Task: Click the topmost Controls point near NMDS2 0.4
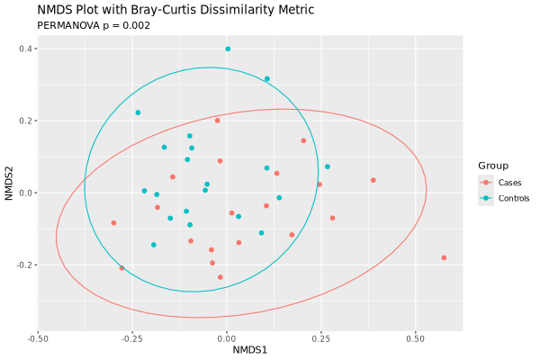228,49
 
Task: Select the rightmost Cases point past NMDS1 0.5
444,258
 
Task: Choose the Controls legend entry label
503,198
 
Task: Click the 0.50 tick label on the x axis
415,339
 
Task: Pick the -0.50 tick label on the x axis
38,339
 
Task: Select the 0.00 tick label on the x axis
227,339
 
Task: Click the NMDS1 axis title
250,350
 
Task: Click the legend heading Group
493,166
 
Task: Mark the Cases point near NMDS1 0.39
373,180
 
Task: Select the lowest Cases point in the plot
220,277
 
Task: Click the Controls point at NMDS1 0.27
328,166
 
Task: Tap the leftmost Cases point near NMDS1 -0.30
113,223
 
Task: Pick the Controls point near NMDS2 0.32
266,78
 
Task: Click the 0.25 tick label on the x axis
320,339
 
